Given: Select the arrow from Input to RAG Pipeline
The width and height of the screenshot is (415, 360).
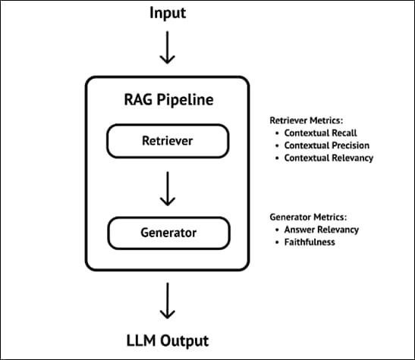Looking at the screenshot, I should (x=167, y=49).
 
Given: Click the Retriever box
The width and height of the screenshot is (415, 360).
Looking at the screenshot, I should (x=167, y=140).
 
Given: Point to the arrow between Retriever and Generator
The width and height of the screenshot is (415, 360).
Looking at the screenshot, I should (x=167, y=187).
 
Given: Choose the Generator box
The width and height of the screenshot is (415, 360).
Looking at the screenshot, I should (x=167, y=233).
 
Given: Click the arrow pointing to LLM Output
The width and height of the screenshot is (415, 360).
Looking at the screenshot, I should (x=167, y=301).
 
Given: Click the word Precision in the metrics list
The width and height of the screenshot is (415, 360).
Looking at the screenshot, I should (x=347, y=146).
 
